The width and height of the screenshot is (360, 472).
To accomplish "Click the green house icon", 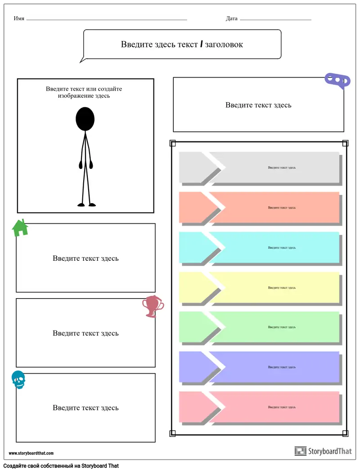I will tap(20, 228).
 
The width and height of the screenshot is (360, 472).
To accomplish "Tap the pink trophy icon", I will tap(153, 306).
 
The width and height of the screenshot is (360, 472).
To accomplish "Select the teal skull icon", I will tap(18, 380).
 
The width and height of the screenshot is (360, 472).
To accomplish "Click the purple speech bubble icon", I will tap(337, 81).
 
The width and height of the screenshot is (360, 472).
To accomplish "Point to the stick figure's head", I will tap(85, 119).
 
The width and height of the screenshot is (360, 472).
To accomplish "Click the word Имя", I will tap(19, 18).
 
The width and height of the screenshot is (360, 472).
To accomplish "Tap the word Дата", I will tap(232, 18).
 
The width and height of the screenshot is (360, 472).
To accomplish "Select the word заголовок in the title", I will tap(224, 44).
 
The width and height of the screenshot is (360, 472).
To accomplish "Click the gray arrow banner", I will tap(259, 168).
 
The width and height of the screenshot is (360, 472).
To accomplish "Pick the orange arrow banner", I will tap(259, 207).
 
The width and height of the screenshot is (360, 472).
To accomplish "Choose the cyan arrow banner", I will tap(259, 247).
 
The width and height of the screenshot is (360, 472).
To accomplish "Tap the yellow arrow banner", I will tap(259, 287).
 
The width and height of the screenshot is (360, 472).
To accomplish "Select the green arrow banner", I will tap(259, 327).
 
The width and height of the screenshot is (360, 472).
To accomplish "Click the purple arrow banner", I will tap(259, 367).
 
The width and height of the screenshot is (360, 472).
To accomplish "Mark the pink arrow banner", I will tap(259, 407).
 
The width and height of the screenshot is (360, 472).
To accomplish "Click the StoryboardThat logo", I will tap(323, 451).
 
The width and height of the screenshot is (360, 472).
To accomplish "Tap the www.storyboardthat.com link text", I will tap(31, 453).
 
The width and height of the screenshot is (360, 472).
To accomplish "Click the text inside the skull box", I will tap(85, 408).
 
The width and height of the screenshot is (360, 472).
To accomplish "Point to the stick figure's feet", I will tap(86, 205).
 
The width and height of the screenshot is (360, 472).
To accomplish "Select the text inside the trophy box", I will tap(85, 333).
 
